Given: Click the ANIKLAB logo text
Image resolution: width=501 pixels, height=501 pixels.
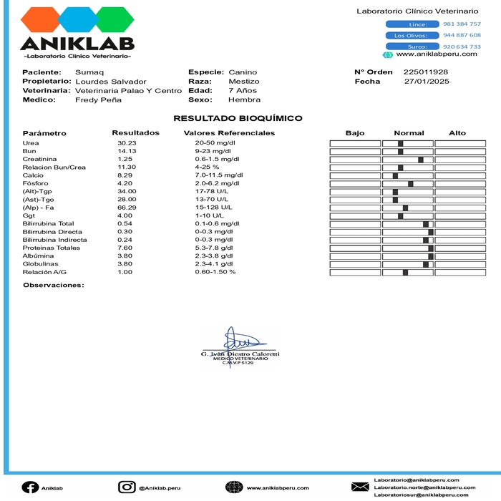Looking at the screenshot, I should (x=77, y=44).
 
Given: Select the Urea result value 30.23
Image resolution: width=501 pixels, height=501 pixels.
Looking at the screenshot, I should (x=127, y=143).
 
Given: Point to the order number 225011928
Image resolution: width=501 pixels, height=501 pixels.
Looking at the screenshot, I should (x=426, y=72).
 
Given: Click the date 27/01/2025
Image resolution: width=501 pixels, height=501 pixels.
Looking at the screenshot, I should (x=427, y=82).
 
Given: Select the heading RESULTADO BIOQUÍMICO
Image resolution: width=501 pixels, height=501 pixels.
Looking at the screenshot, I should (x=238, y=118).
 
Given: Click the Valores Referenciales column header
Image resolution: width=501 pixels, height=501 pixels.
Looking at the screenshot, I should (x=229, y=133).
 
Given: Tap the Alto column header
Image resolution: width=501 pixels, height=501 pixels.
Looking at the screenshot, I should (x=457, y=133).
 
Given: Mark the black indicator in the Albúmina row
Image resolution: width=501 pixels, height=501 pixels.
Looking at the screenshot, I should (x=431, y=256).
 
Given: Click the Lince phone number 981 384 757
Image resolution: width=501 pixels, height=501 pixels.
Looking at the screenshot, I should (x=462, y=24).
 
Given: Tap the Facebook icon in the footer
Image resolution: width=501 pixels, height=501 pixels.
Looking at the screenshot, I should (x=30, y=487).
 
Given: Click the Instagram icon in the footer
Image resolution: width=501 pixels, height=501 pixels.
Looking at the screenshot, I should (x=127, y=487).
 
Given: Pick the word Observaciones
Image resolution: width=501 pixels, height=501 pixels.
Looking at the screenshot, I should (x=53, y=285).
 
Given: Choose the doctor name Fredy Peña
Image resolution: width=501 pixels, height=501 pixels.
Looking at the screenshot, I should (x=98, y=100).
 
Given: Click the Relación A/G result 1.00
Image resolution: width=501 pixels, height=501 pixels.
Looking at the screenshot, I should (x=125, y=272).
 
